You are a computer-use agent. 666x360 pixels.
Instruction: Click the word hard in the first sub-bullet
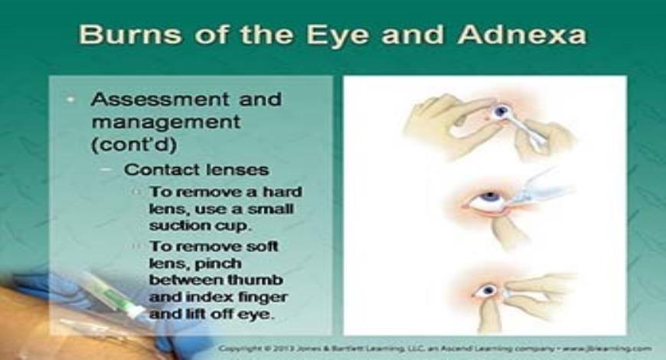pos(281,191)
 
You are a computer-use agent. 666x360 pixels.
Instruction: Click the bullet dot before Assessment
pos(70,100)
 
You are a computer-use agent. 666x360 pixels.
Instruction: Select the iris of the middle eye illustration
pos(490,201)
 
